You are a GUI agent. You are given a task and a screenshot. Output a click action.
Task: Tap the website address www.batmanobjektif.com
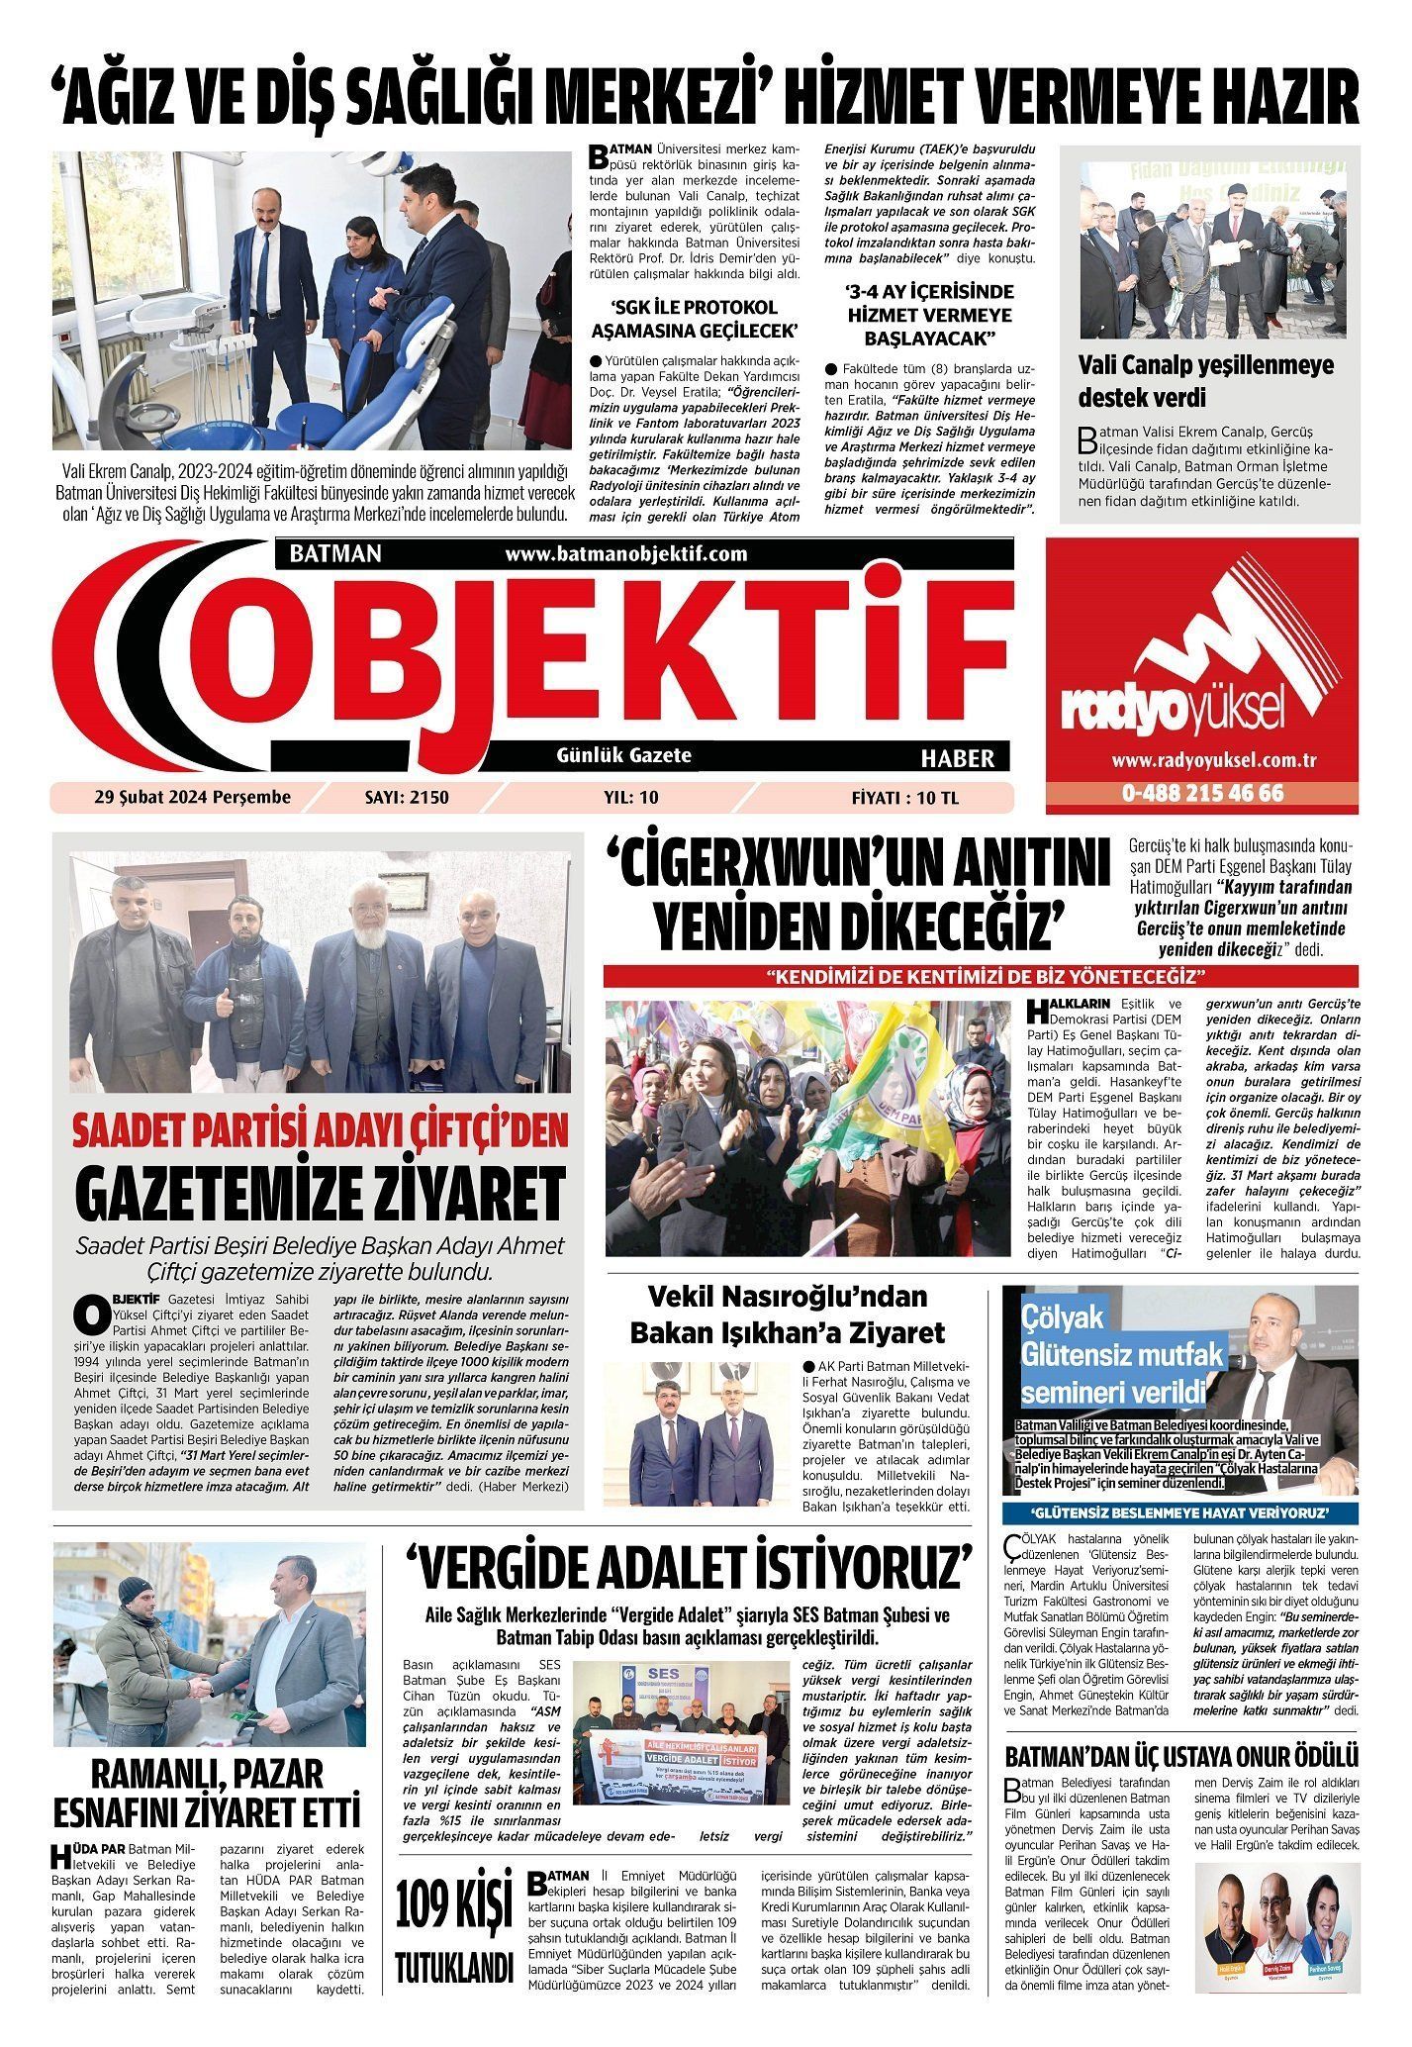click(625, 554)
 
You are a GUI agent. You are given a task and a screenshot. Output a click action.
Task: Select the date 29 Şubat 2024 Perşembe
click(193, 797)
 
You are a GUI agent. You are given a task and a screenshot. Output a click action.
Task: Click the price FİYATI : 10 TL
click(904, 797)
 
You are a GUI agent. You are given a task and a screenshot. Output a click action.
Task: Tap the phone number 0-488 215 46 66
click(1202, 794)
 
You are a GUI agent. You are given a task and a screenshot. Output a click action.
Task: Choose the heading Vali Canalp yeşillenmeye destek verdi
click(1205, 381)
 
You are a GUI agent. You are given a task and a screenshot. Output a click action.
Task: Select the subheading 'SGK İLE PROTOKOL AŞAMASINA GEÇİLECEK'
click(693, 318)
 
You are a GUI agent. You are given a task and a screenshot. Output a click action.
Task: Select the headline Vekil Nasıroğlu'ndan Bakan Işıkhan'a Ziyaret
click(788, 1314)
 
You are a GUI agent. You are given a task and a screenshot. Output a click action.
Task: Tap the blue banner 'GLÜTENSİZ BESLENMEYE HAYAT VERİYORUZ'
click(1179, 1514)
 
